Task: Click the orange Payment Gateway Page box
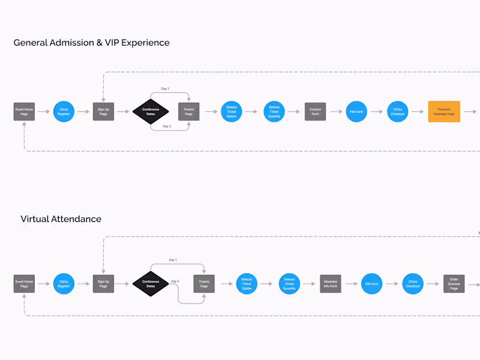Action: (x=444, y=112)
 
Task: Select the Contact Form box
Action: (x=315, y=112)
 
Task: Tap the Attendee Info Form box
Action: (x=331, y=284)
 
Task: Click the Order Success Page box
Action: (x=454, y=284)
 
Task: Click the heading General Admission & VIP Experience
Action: (x=91, y=43)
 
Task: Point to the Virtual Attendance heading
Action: (x=61, y=219)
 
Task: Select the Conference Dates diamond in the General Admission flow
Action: (x=151, y=112)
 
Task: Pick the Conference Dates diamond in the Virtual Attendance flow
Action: (x=151, y=284)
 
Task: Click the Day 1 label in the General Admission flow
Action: (x=164, y=89)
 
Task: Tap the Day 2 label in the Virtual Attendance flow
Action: (x=175, y=281)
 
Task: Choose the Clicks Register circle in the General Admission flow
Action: (x=64, y=112)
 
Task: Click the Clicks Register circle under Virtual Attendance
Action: (x=64, y=284)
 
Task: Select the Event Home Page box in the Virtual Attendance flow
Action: (x=24, y=284)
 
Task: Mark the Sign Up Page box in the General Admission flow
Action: (x=103, y=112)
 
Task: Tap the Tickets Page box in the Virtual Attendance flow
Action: (x=204, y=284)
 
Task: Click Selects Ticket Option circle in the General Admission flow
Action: (x=232, y=112)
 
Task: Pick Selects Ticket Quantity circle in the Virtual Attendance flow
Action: (x=289, y=284)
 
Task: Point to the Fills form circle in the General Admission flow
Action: (x=356, y=112)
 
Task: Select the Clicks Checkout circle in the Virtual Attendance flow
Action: (x=413, y=284)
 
